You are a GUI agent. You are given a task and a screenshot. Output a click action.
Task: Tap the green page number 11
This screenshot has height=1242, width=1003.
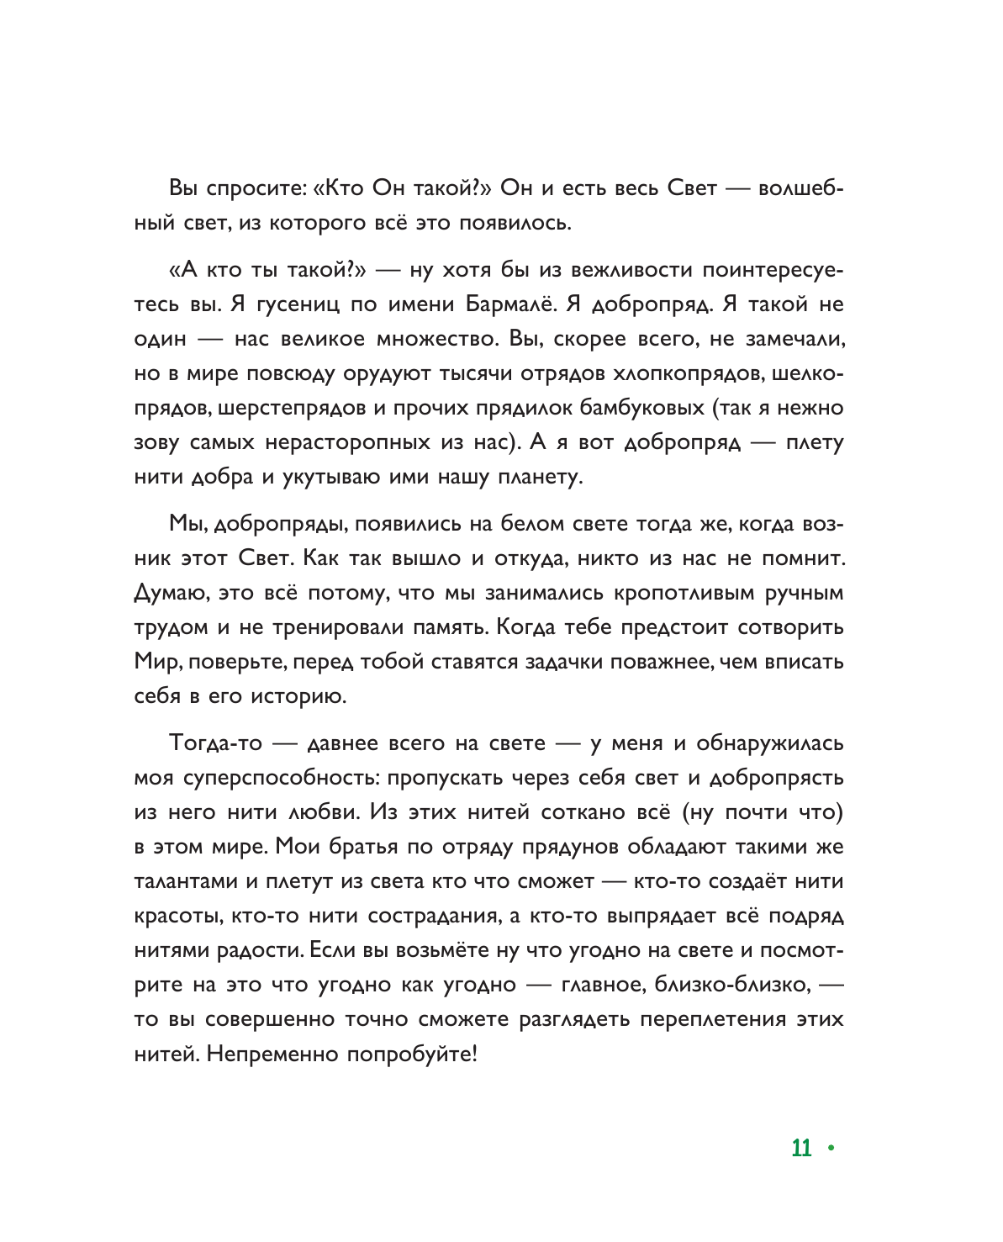point(801,1149)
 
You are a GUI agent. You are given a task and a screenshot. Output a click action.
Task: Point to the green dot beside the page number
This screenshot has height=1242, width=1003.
point(831,1148)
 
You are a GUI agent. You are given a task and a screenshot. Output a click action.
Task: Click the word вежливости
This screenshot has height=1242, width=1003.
point(631,270)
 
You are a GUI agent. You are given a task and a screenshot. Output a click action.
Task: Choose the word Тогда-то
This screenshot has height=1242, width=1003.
point(216,743)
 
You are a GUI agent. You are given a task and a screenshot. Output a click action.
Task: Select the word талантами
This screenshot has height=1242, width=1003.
point(186,881)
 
